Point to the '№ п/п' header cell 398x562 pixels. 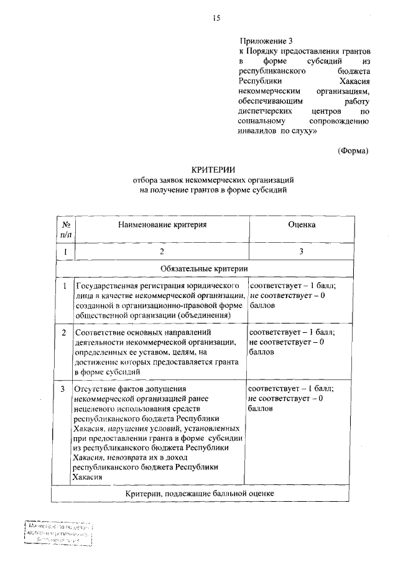[x=65, y=230]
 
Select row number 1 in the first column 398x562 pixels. [x=65, y=286]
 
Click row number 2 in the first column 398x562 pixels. [x=65, y=332]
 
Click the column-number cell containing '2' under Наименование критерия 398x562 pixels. [x=162, y=252]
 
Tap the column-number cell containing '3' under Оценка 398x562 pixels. [x=302, y=252]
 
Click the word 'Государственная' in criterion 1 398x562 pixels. [x=104, y=286]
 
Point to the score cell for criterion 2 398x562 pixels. [x=292, y=342]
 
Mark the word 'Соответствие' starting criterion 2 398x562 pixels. [x=99, y=332]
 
